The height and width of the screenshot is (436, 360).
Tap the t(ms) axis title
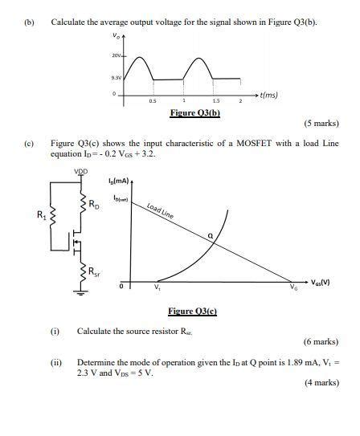(x=266, y=95)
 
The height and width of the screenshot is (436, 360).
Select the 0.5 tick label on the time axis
(x=153, y=102)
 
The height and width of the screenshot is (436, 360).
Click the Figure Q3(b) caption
(x=194, y=112)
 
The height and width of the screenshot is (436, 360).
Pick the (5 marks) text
(x=321, y=124)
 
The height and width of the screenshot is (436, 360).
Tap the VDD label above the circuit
(x=82, y=171)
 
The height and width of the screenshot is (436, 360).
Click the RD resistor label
(x=95, y=206)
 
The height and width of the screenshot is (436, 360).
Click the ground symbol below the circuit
(x=80, y=293)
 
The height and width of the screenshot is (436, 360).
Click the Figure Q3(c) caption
(x=193, y=312)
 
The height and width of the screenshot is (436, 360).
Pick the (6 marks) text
(x=321, y=342)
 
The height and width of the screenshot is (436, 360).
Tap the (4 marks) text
(x=321, y=383)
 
